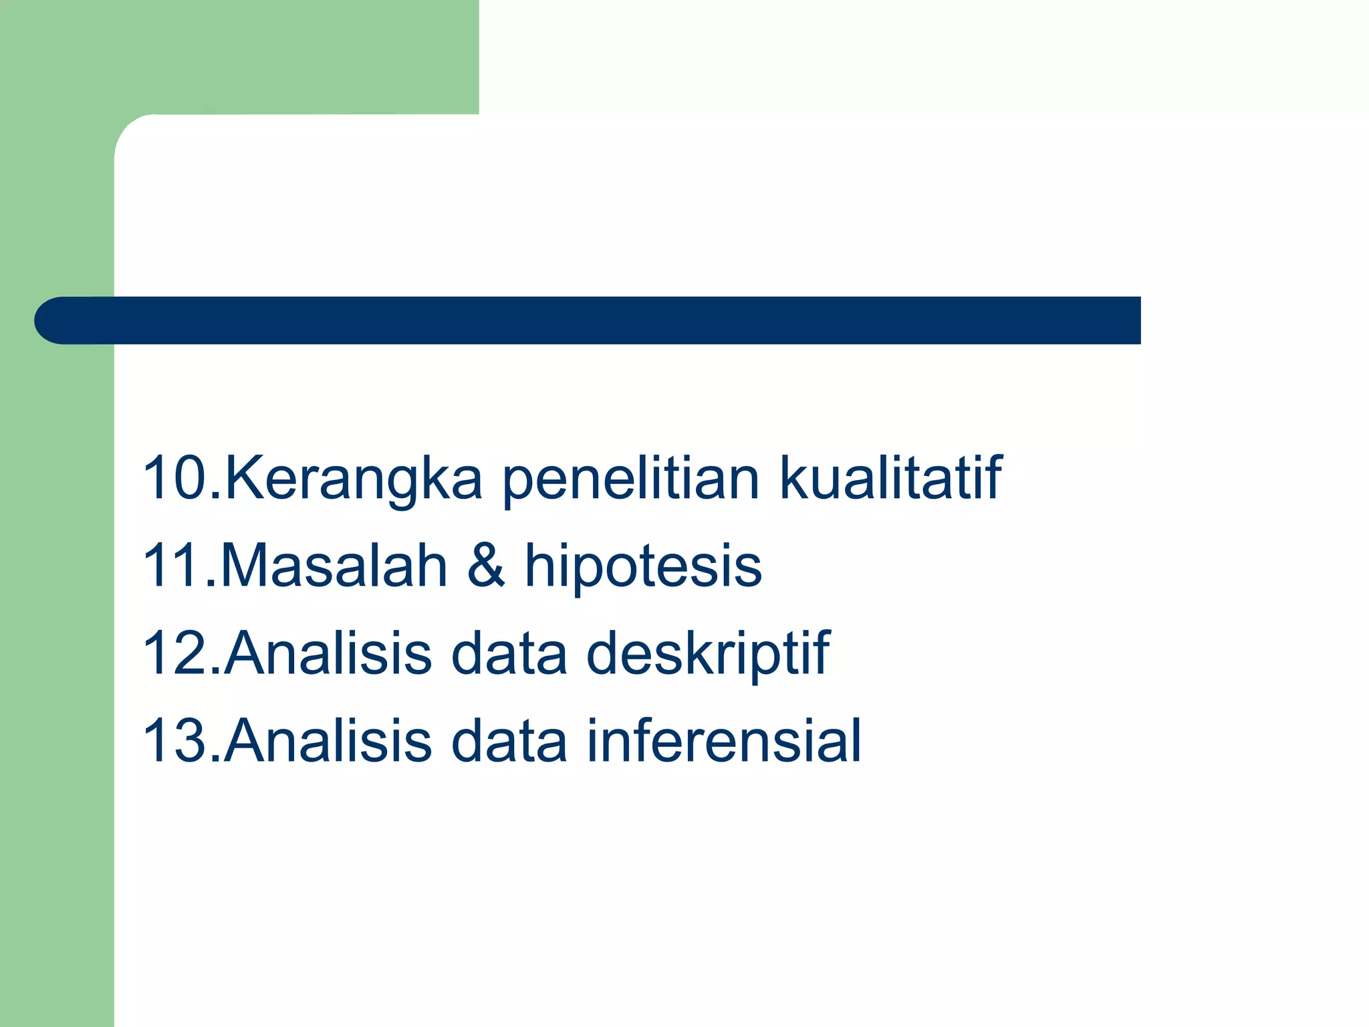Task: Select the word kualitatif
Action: tap(890, 477)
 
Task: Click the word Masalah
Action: tap(333, 566)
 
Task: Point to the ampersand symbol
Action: tap(486, 566)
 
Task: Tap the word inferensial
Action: tap(724, 740)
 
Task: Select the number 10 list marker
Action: tap(175, 477)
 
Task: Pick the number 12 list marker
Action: tap(175, 653)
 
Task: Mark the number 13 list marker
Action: tap(175, 740)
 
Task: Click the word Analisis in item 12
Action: tap(328, 653)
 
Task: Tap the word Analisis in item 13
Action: tap(328, 740)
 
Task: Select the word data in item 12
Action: tap(509, 653)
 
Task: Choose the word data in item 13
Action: tap(509, 740)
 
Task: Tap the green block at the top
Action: tap(267, 53)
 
